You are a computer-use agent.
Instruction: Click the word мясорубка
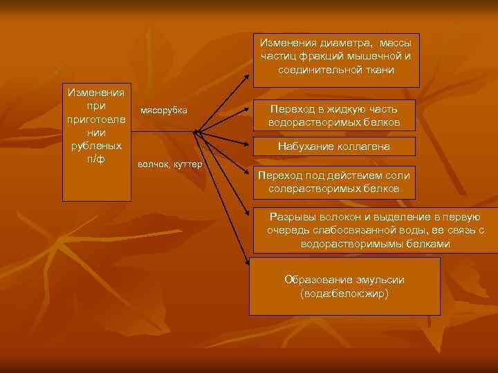[163, 111]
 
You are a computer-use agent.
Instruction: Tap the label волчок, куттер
[169, 164]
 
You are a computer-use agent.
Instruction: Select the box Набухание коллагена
[334, 146]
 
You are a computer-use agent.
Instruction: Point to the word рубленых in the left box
[96, 146]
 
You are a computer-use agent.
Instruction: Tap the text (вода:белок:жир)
[344, 293]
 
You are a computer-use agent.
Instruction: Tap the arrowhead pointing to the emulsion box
[248, 260]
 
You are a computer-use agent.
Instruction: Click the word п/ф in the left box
[96, 160]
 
